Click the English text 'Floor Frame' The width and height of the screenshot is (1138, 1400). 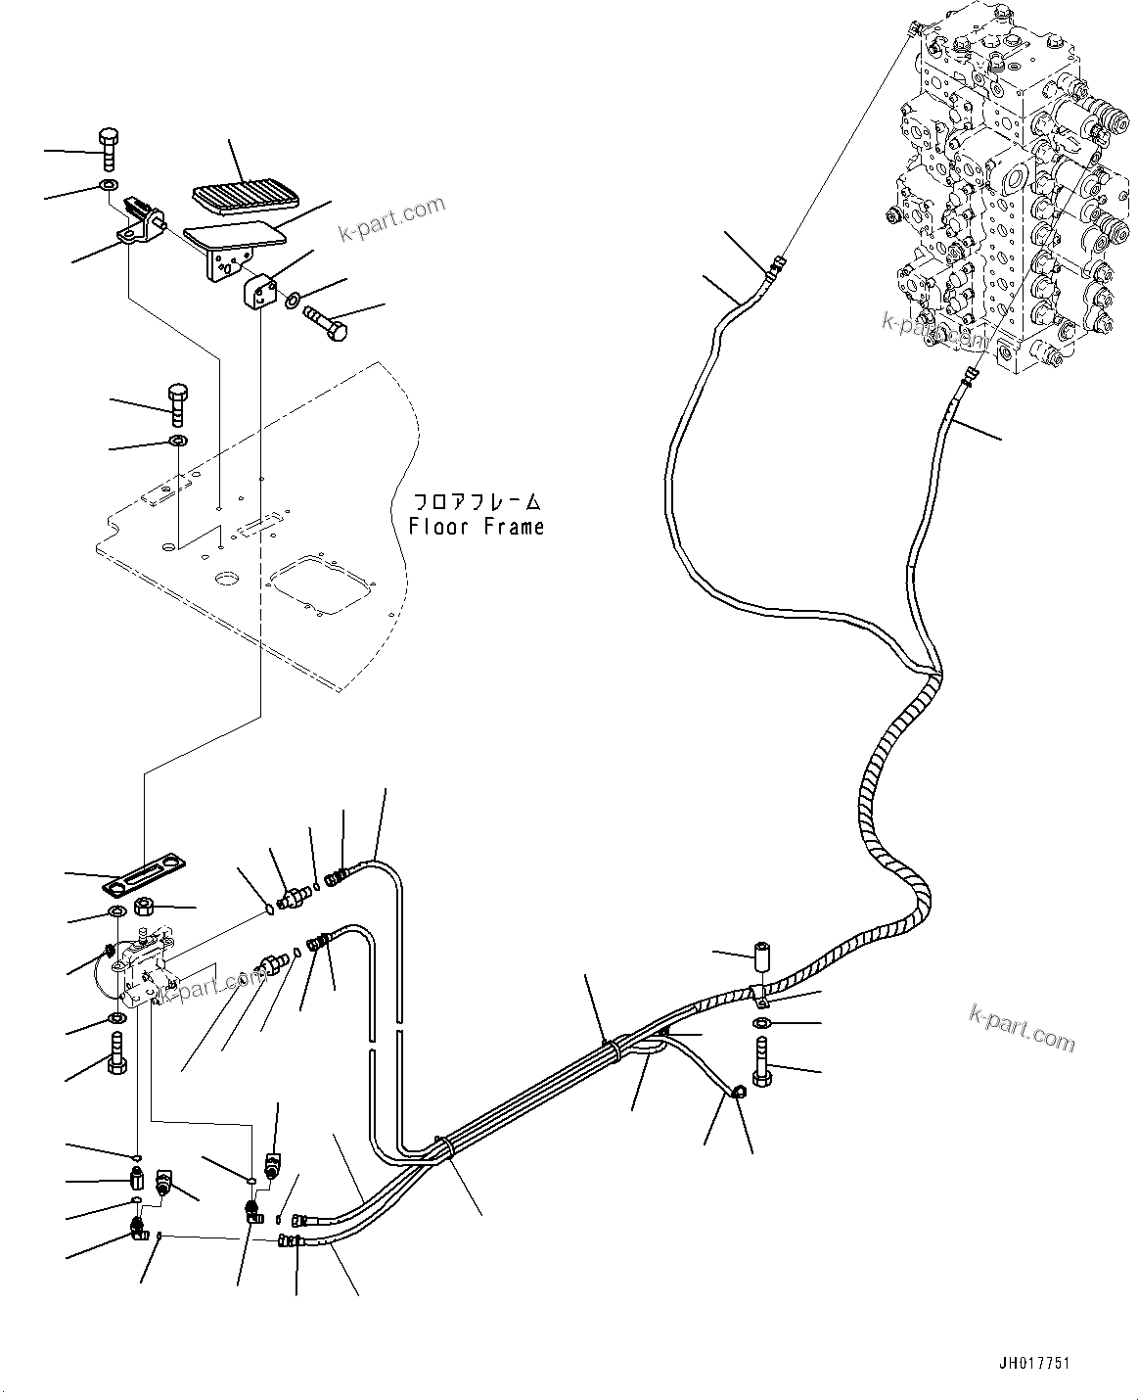click(477, 527)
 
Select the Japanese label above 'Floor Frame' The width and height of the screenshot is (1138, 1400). click(477, 502)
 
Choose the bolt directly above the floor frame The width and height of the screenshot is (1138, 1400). click(177, 401)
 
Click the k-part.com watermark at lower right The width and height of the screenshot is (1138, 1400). click(1023, 1027)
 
